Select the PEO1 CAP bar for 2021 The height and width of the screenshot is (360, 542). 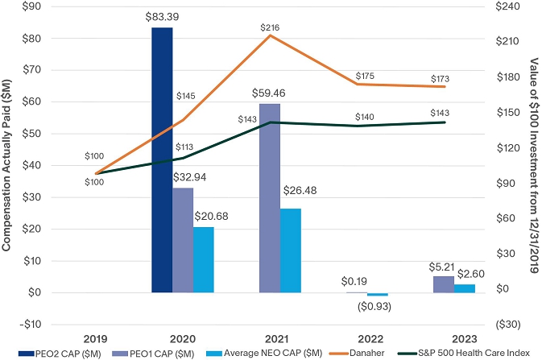pyautogui.click(x=270, y=197)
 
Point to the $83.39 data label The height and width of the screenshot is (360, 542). pyautogui.click(x=162, y=17)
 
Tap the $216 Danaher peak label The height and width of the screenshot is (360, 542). pyautogui.click(x=270, y=28)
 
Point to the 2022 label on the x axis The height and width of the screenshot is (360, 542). pyautogui.click(x=357, y=337)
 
